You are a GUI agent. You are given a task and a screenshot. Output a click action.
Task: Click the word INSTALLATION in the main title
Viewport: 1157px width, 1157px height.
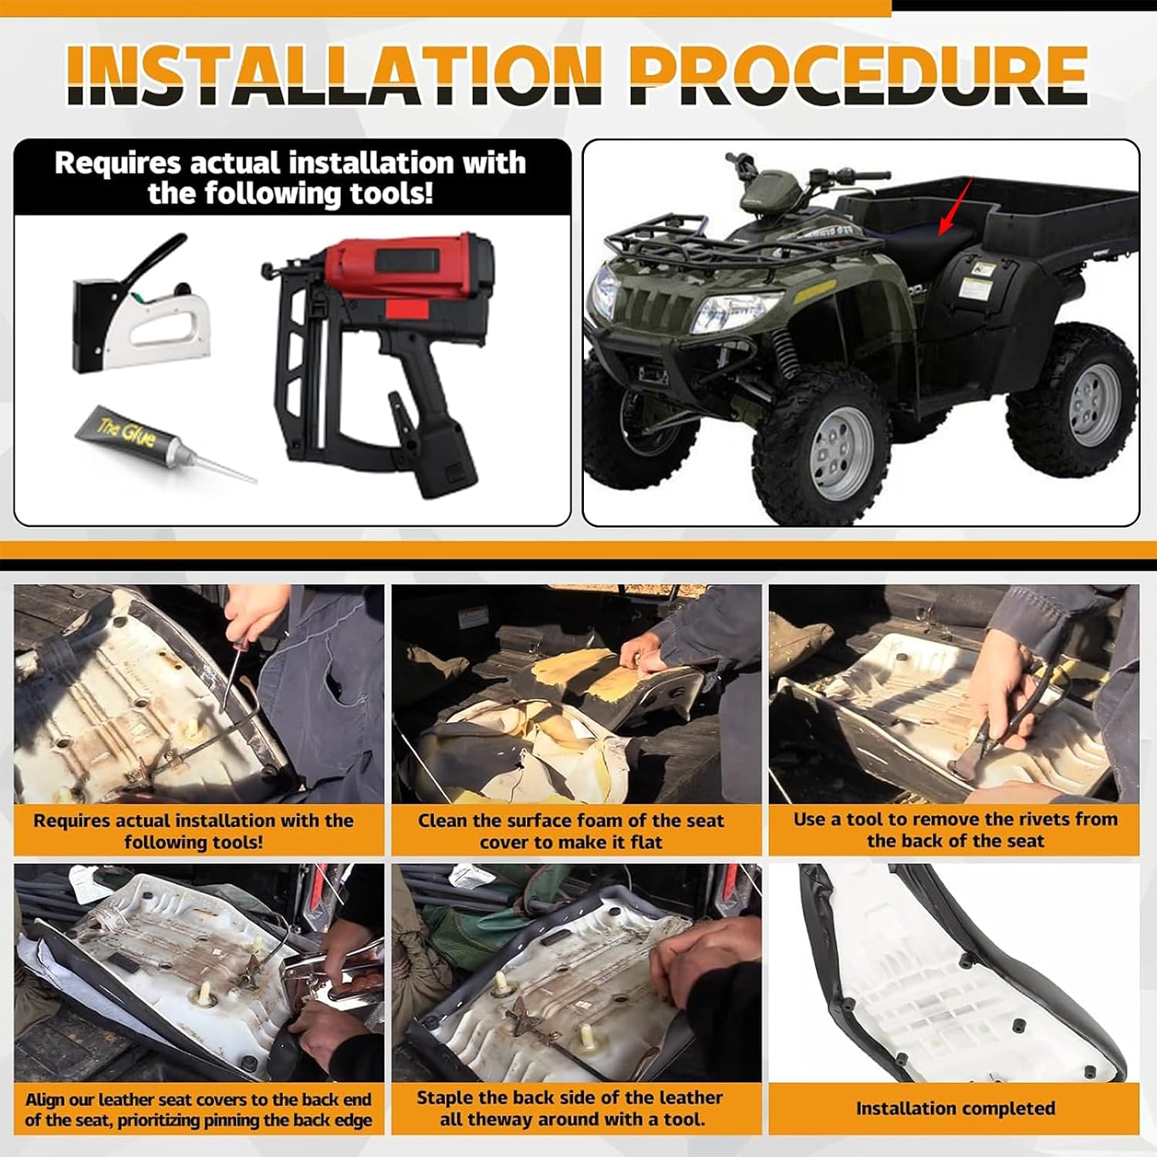[x=334, y=75]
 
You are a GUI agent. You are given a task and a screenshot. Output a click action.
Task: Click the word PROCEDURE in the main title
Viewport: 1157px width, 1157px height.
[x=858, y=75]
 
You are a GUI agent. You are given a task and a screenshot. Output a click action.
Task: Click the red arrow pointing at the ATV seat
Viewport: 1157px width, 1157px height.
[x=954, y=207]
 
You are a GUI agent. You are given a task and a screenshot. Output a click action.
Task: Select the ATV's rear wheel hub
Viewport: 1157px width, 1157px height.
[x=1093, y=403]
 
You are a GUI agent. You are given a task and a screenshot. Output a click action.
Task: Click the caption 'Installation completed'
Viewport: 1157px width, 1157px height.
[x=955, y=1108]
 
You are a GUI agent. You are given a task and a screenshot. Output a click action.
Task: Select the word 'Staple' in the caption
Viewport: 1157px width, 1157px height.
[x=444, y=1098]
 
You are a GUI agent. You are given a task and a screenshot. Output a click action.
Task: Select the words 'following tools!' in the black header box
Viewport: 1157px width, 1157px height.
[x=291, y=194]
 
